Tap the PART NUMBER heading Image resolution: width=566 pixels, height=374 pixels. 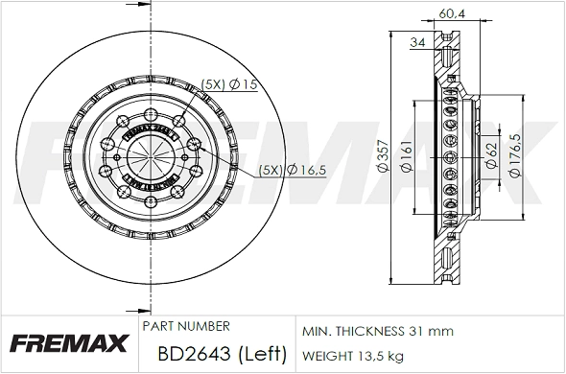pos(185,326)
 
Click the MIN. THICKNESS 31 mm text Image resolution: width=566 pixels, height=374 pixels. pos(377,331)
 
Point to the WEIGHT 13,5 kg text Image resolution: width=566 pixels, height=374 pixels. pos(352,356)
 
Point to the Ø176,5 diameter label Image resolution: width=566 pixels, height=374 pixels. pos(516,155)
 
